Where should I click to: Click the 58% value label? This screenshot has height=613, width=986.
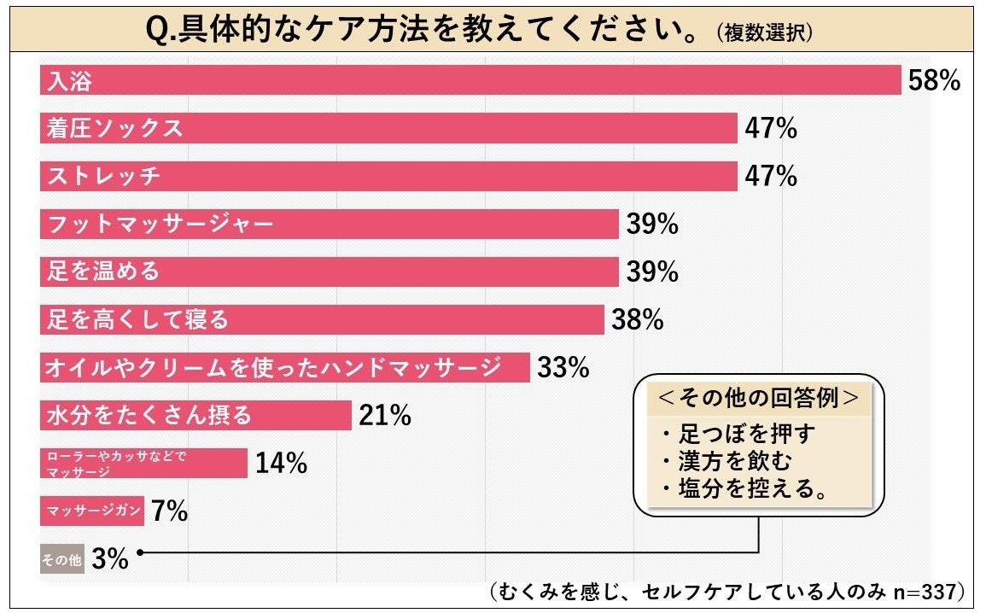pyautogui.click(x=936, y=81)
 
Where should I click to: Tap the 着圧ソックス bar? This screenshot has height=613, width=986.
pyautogui.click(x=388, y=129)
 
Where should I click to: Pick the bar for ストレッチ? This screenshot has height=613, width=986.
pyautogui.click(x=388, y=177)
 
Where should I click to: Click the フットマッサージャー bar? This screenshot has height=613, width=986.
pyautogui.click(x=329, y=225)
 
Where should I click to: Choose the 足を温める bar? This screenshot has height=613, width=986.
pyautogui.click(x=329, y=272)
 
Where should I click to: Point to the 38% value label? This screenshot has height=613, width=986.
pyautogui.click(x=638, y=320)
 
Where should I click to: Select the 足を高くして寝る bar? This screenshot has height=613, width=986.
pyautogui.click(x=322, y=320)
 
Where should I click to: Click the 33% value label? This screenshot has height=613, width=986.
pyautogui.click(x=563, y=368)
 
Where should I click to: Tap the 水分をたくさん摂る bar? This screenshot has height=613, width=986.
pyautogui.click(x=195, y=416)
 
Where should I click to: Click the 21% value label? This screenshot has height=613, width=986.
pyautogui.click(x=385, y=416)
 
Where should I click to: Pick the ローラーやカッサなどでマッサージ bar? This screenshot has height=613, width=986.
pyautogui.click(x=143, y=464)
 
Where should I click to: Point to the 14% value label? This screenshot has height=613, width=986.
pyautogui.click(x=281, y=464)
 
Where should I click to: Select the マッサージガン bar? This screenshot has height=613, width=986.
pyautogui.click(x=92, y=511)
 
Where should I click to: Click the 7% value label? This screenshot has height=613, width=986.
pyautogui.click(x=169, y=511)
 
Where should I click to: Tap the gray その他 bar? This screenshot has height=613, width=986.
pyautogui.click(x=62, y=560)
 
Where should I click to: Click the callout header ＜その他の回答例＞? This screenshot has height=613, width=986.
pyautogui.click(x=758, y=399)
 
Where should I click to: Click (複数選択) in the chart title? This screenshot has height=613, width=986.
pyautogui.click(x=765, y=32)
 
